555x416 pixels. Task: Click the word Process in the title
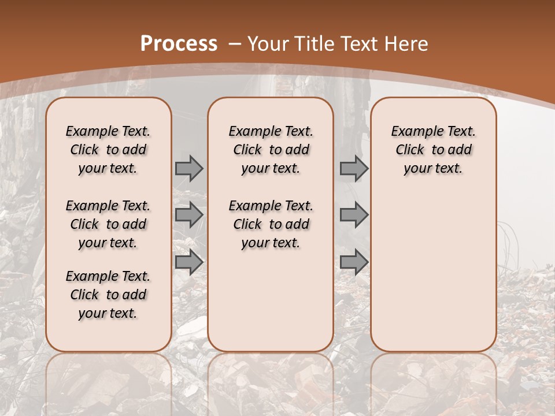tap(179, 43)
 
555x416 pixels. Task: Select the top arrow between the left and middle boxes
tap(189, 168)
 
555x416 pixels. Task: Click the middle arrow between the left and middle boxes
tap(189, 215)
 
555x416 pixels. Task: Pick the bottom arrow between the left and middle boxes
tap(189, 262)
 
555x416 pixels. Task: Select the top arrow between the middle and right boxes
tap(354, 168)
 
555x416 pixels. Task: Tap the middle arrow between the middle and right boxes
tap(354, 215)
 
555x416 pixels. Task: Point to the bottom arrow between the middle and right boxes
tap(354, 262)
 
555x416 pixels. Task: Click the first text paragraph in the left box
tap(108, 150)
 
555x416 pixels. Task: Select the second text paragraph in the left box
tap(108, 224)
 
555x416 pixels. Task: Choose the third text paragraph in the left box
tap(108, 295)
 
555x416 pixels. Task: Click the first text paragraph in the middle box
tap(271, 150)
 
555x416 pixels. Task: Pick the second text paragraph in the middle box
tap(271, 224)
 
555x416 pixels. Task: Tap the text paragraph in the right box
tap(433, 150)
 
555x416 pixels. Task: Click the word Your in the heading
tap(268, 43)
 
